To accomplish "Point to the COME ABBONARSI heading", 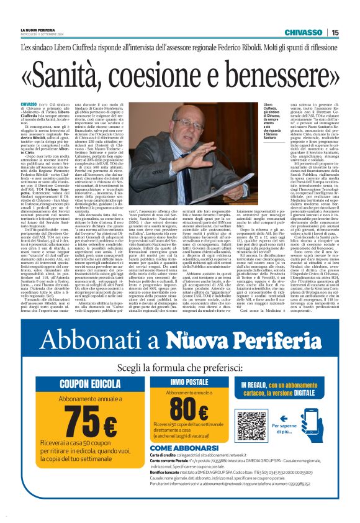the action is [x=178, y=447].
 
